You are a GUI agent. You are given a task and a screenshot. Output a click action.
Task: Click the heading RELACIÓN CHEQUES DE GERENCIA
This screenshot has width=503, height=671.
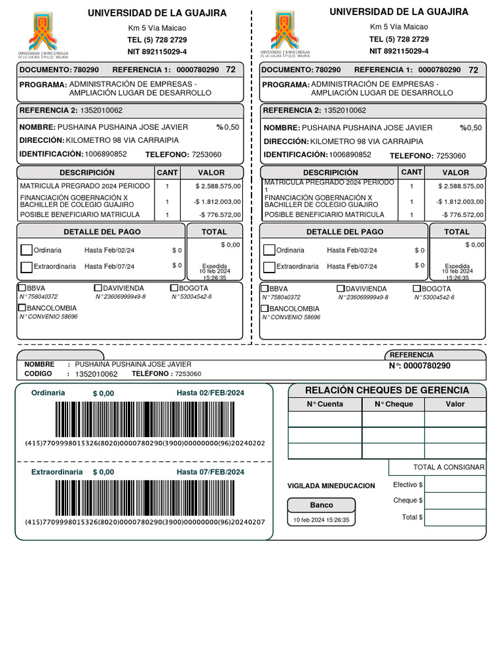(x=387, y=390)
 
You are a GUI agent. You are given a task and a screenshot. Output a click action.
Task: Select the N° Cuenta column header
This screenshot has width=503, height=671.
(x=325, y=404)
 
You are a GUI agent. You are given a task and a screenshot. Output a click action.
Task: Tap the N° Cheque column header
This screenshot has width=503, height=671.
(x=394, y=404)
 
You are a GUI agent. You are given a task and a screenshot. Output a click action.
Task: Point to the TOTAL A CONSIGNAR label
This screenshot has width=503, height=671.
(x=449, y=467)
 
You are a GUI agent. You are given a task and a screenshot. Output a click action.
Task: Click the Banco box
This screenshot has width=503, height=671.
(x=322, y=505)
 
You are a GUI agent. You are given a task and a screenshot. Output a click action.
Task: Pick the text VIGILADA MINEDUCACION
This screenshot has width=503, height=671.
(x=331, y=486)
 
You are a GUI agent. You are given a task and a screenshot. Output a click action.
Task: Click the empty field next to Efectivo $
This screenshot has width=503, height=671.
(x=455, y=484)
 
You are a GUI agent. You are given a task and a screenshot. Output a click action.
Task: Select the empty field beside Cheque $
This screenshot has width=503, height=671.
(x=455, y=501)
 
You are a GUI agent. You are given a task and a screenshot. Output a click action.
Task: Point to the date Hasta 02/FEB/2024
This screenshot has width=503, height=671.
(x=210, y=393)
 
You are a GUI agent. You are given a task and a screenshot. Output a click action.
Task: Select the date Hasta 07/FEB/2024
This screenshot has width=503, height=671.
(x=210, y=472)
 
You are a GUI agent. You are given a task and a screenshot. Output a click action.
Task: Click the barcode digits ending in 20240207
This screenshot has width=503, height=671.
(x=145, y=522)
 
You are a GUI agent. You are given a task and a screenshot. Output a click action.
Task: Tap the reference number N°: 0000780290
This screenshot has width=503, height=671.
(x=420, y=366)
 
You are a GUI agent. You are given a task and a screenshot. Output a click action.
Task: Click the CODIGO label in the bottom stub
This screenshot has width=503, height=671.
(x=38, y=374)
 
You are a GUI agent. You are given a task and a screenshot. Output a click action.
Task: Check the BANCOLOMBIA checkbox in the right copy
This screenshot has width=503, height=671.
(x=265, y=309)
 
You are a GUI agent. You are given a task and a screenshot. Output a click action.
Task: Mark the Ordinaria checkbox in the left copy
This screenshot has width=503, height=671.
(x=26, y=250)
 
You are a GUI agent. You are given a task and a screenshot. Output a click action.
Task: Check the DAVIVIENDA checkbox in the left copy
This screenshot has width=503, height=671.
(x=98, y=288)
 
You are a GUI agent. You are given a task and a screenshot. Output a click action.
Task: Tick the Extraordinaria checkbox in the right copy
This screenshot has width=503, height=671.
(x=269, y=267)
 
